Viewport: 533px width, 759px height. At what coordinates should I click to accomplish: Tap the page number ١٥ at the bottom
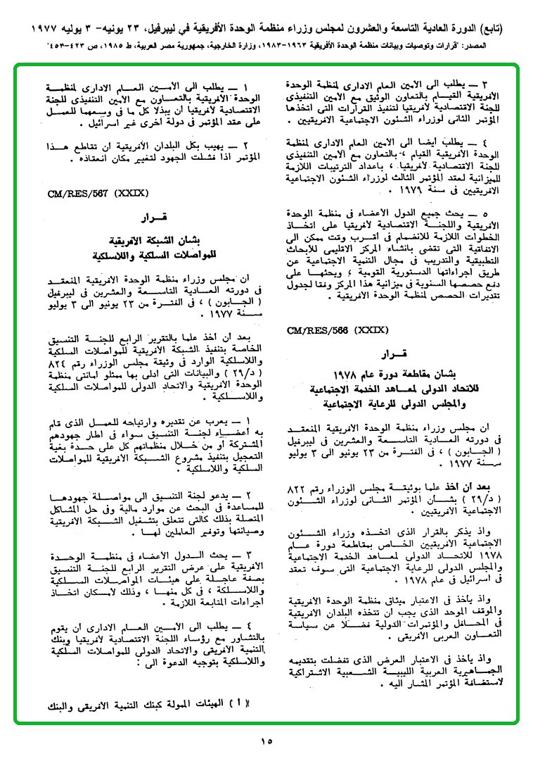click(266, 740)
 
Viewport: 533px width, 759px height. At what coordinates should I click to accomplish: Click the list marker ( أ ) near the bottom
click(244, 703)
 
